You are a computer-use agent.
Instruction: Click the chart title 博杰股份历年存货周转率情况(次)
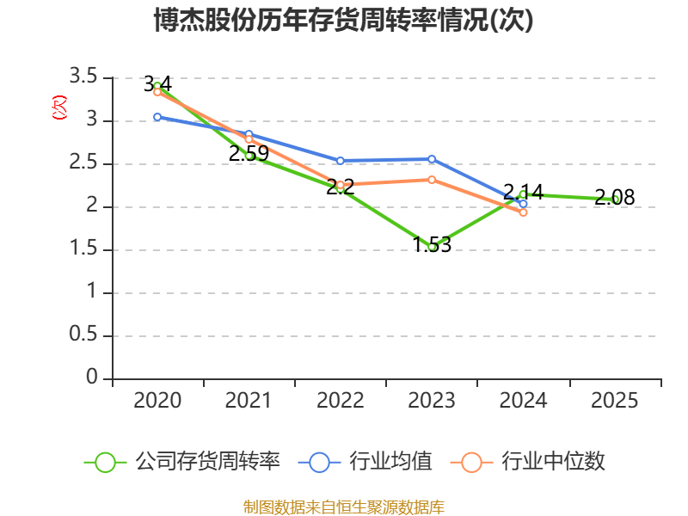(343, 20)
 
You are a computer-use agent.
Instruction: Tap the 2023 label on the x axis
(432, 400)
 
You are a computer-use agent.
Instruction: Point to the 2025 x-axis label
(614, 400)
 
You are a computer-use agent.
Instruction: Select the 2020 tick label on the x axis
(157, 400)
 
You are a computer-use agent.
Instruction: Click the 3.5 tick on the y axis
(83, 77)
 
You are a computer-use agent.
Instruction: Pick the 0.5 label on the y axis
(83, 335)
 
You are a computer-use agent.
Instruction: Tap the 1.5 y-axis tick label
(83, 249)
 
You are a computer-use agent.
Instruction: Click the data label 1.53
(433, 245)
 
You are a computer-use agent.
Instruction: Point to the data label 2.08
(614, 197)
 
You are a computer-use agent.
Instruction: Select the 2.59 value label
(249, 154)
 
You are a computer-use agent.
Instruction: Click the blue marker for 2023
(432, 159)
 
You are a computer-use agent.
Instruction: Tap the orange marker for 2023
(432, 180)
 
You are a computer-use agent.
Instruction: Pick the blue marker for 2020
(157, 117)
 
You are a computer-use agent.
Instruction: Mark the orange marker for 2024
(523, 212)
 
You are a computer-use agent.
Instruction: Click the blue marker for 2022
(340, 161)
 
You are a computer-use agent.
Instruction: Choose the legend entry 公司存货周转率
(182, 462)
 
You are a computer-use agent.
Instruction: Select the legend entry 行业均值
(365, 462)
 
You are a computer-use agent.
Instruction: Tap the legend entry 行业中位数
(528, 462)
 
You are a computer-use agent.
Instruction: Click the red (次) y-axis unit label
(59, 107)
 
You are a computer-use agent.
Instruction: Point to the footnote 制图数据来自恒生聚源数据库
(344, 507)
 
